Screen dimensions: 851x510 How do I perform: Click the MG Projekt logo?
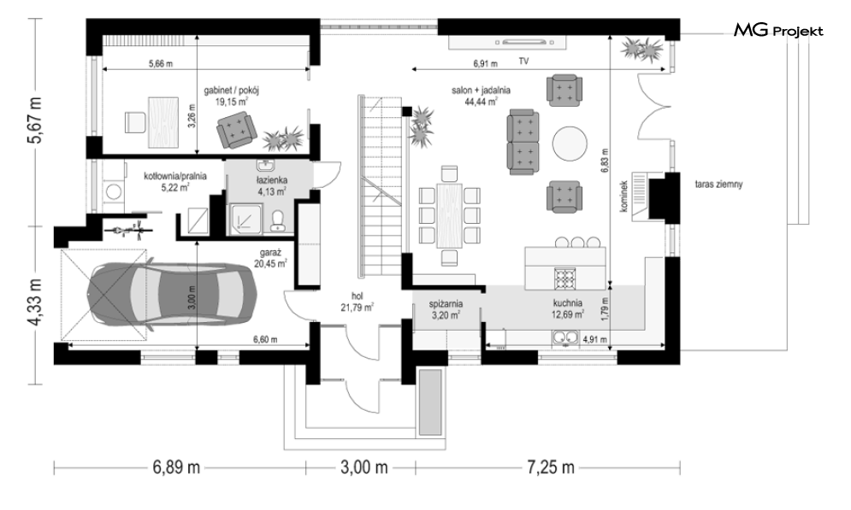click(778, 31)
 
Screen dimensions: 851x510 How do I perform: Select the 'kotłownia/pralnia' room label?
click(175, 176)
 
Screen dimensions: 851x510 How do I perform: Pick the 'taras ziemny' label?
click(718, 185)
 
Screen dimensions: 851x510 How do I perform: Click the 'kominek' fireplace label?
click(623, 196)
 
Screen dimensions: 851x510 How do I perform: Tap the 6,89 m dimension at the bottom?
click(176, 466)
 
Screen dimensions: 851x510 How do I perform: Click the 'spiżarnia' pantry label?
click(446, 304)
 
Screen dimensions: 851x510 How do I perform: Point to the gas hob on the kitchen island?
click(564, 278)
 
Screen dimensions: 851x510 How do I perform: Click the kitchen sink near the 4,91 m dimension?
click(566, 339)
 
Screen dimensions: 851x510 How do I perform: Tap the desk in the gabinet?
click(163, 121)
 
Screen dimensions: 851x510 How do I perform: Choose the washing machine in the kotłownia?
click(114, 191)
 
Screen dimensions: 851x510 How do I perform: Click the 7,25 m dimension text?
click(550, 466)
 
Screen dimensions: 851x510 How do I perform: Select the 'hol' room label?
click(357, 296)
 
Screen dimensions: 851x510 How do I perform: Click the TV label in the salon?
click(523, 62)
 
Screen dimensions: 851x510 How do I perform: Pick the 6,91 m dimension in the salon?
click(485, 64)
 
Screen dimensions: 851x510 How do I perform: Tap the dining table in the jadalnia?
click(449, 216)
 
